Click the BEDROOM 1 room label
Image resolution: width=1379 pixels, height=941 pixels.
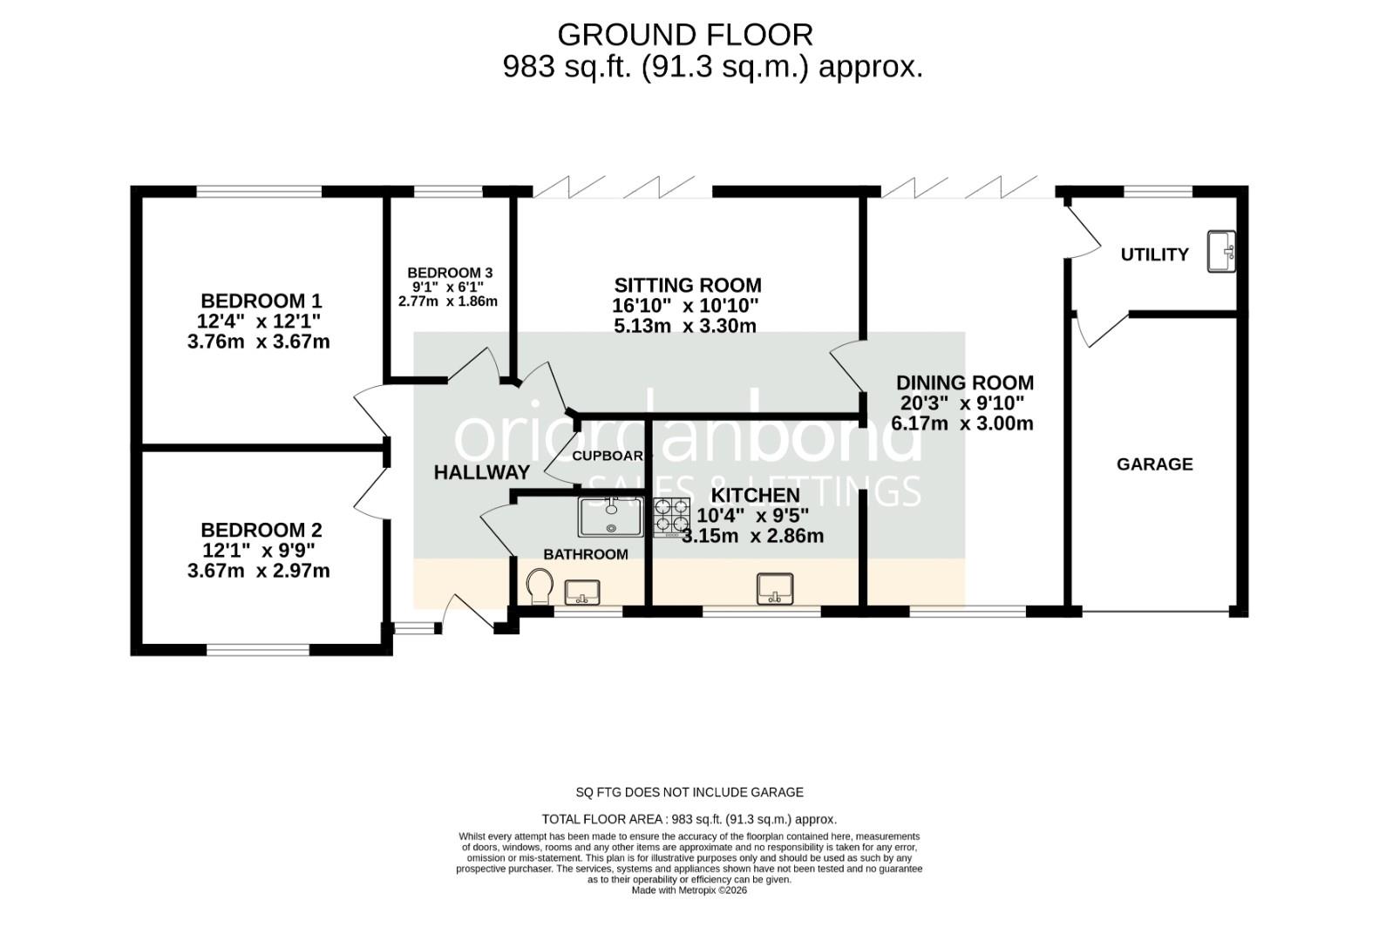[x=262, y=301]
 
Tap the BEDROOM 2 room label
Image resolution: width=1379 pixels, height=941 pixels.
[x=262, y=531]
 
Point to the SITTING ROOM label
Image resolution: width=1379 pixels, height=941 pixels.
[x=688, y=286]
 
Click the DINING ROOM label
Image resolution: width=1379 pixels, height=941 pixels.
[x=965, y=382]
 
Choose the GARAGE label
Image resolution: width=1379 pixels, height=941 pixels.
[x=1154, y=464]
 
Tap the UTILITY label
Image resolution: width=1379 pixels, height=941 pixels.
[x=1154, y=254]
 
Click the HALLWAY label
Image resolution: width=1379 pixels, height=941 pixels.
[x=482, y=473]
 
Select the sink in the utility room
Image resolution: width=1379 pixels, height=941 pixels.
[x=1221, y=252]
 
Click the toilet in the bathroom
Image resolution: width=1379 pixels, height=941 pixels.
[x=540, y=586]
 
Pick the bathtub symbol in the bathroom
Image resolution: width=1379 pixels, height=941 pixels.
[x=611, y=516]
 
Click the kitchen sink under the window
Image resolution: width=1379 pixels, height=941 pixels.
[x=774, y=588]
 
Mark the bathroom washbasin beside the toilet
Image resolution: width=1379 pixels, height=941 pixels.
[x=582, y=592]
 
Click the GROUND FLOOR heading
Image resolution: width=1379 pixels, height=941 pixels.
[x=685, y=35]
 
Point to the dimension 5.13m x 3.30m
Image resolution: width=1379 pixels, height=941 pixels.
[x=685, y=327]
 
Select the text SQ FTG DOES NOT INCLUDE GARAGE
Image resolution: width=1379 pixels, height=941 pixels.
[x=689, y=792]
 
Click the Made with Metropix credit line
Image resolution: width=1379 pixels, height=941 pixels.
[x=689, y=890]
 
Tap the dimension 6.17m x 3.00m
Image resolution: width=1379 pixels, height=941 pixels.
[x=962, y=424]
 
